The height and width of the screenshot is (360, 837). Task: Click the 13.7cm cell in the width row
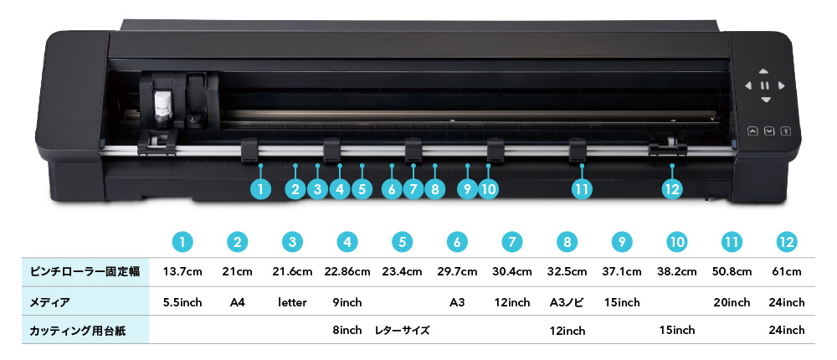point(182,271)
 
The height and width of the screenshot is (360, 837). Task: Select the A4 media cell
point(238,301)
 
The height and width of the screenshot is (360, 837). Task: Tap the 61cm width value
point(787,271)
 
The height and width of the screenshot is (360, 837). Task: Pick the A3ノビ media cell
point(567,301)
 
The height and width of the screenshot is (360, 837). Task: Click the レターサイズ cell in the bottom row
point(402,331)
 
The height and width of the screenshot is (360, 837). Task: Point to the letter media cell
point(292,301)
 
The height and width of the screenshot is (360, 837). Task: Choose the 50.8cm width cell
point(732,271)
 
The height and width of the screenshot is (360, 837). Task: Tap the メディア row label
point(49,301)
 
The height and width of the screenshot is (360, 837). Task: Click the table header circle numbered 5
point(402,242)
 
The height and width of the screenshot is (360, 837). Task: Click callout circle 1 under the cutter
point(261,189)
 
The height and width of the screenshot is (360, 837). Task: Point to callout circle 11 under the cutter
point(583,189)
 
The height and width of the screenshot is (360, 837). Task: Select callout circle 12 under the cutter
point(671,189)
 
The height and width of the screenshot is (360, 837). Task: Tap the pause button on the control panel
point(765,85)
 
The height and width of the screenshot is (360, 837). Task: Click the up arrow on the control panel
point(765,71)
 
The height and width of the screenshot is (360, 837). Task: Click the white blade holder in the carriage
point(162,105)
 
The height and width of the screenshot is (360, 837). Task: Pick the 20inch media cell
point(732,301)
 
